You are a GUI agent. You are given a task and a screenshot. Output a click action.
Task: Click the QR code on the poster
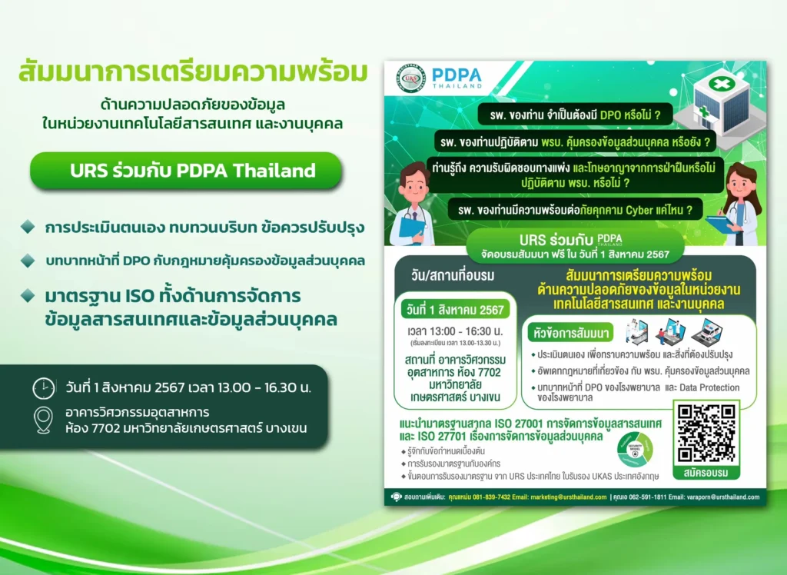706,433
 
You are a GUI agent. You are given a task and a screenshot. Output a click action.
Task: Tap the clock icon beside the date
44,387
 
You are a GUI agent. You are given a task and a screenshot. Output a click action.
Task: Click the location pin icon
44,420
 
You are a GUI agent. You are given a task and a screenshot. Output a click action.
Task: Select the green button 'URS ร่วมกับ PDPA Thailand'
185,171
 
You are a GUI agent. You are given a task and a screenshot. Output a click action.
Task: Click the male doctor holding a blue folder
413,204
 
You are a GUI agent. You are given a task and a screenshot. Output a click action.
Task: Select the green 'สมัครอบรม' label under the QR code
706,472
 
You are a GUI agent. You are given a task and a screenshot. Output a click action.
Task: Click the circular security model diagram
636,449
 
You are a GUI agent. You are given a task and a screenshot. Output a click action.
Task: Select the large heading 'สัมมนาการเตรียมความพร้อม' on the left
192,74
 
